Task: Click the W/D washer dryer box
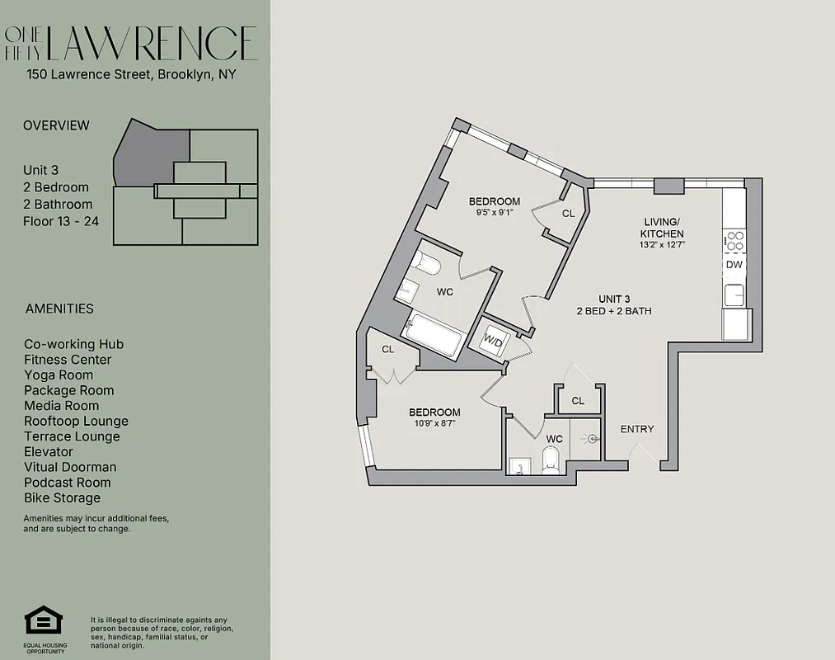tap(495, 339)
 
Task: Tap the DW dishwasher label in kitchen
tap(733, 265)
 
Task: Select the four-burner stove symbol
tap(734, 241)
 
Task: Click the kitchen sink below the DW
tap(734, 295)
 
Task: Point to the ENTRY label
tap(637, 429)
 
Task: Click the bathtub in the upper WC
tap(435, 335)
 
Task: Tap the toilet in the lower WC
tap(551, 460)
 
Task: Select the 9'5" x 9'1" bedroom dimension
tap(495, 212)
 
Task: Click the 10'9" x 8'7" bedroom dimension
tap(434, 423)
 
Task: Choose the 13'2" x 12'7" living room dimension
tap(662, 244)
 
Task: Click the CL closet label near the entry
tap(578, 401)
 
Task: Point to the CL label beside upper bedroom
tap(568, 213)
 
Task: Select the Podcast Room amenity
tap(68, 483)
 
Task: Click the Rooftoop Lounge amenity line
tap(76, 421)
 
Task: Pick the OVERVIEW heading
tap(56, 125)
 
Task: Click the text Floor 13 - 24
tap(61, 220)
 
